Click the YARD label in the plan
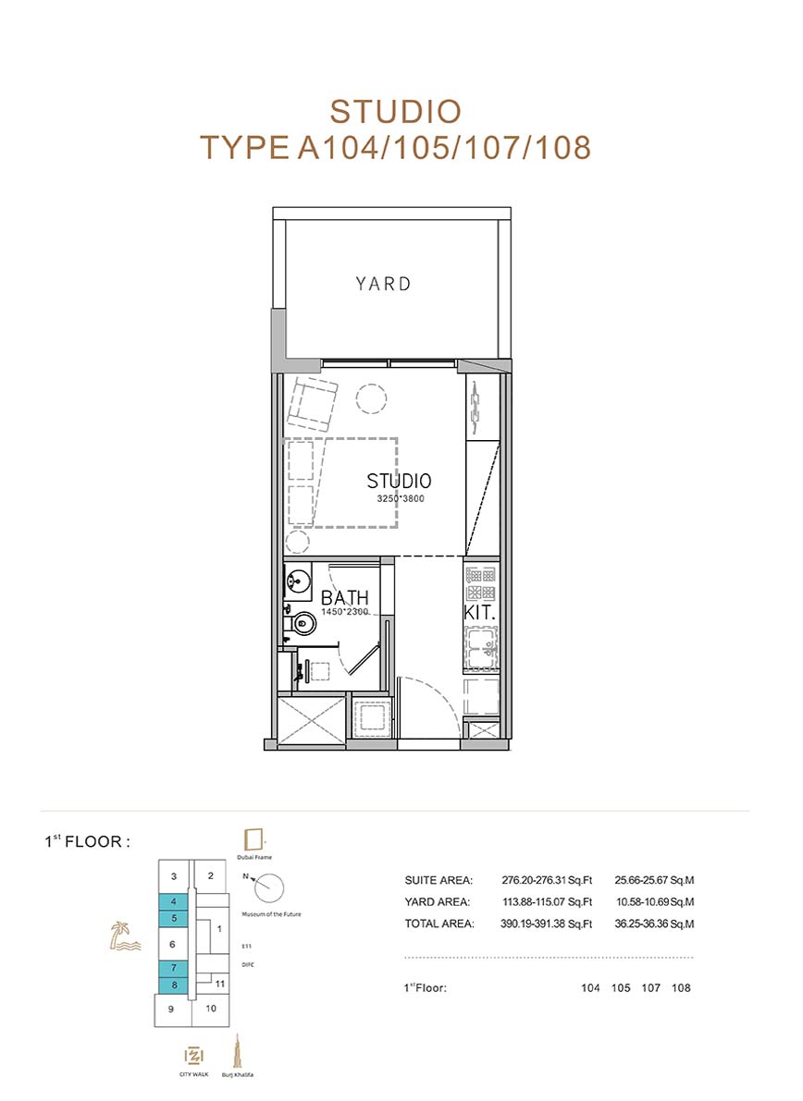pyautogui.click(x=383, y=284)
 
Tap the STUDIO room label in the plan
pyautogui.click(x=399, y=481)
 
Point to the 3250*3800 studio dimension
pyautogui.click(x=401, y=499)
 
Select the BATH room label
pyautogui.click(x=344, y=597)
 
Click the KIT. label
pyautogui.click(x=479, y=612)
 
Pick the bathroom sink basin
pyautogui.click(x=298, y=581)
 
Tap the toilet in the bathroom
pyautogui.click(x=303, y=623)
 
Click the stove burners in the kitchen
pyautogui.click(x=481, y=584)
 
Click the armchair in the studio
pyautogui.click(x=311, y=403)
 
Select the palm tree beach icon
pyautogui.click(x=125, y=936)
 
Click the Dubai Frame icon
pyautogui.click(x=253, y=839)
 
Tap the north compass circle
pyautogui.click(x=268, y=888)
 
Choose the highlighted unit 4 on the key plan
pyautogui.click(x=174, y=901)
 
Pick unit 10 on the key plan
pyautogui.click(x=211, y=1009)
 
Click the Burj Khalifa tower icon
pyautogui.click(x=238, y=1052)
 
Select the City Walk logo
pyautogui.click(x=194, y=1056)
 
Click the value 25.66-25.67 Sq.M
pyautogui.click(x=654, y=880)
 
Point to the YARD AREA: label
pyautogui.click(x=437, y=902)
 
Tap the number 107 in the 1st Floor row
pyautogui.click(x=650, y=988)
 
